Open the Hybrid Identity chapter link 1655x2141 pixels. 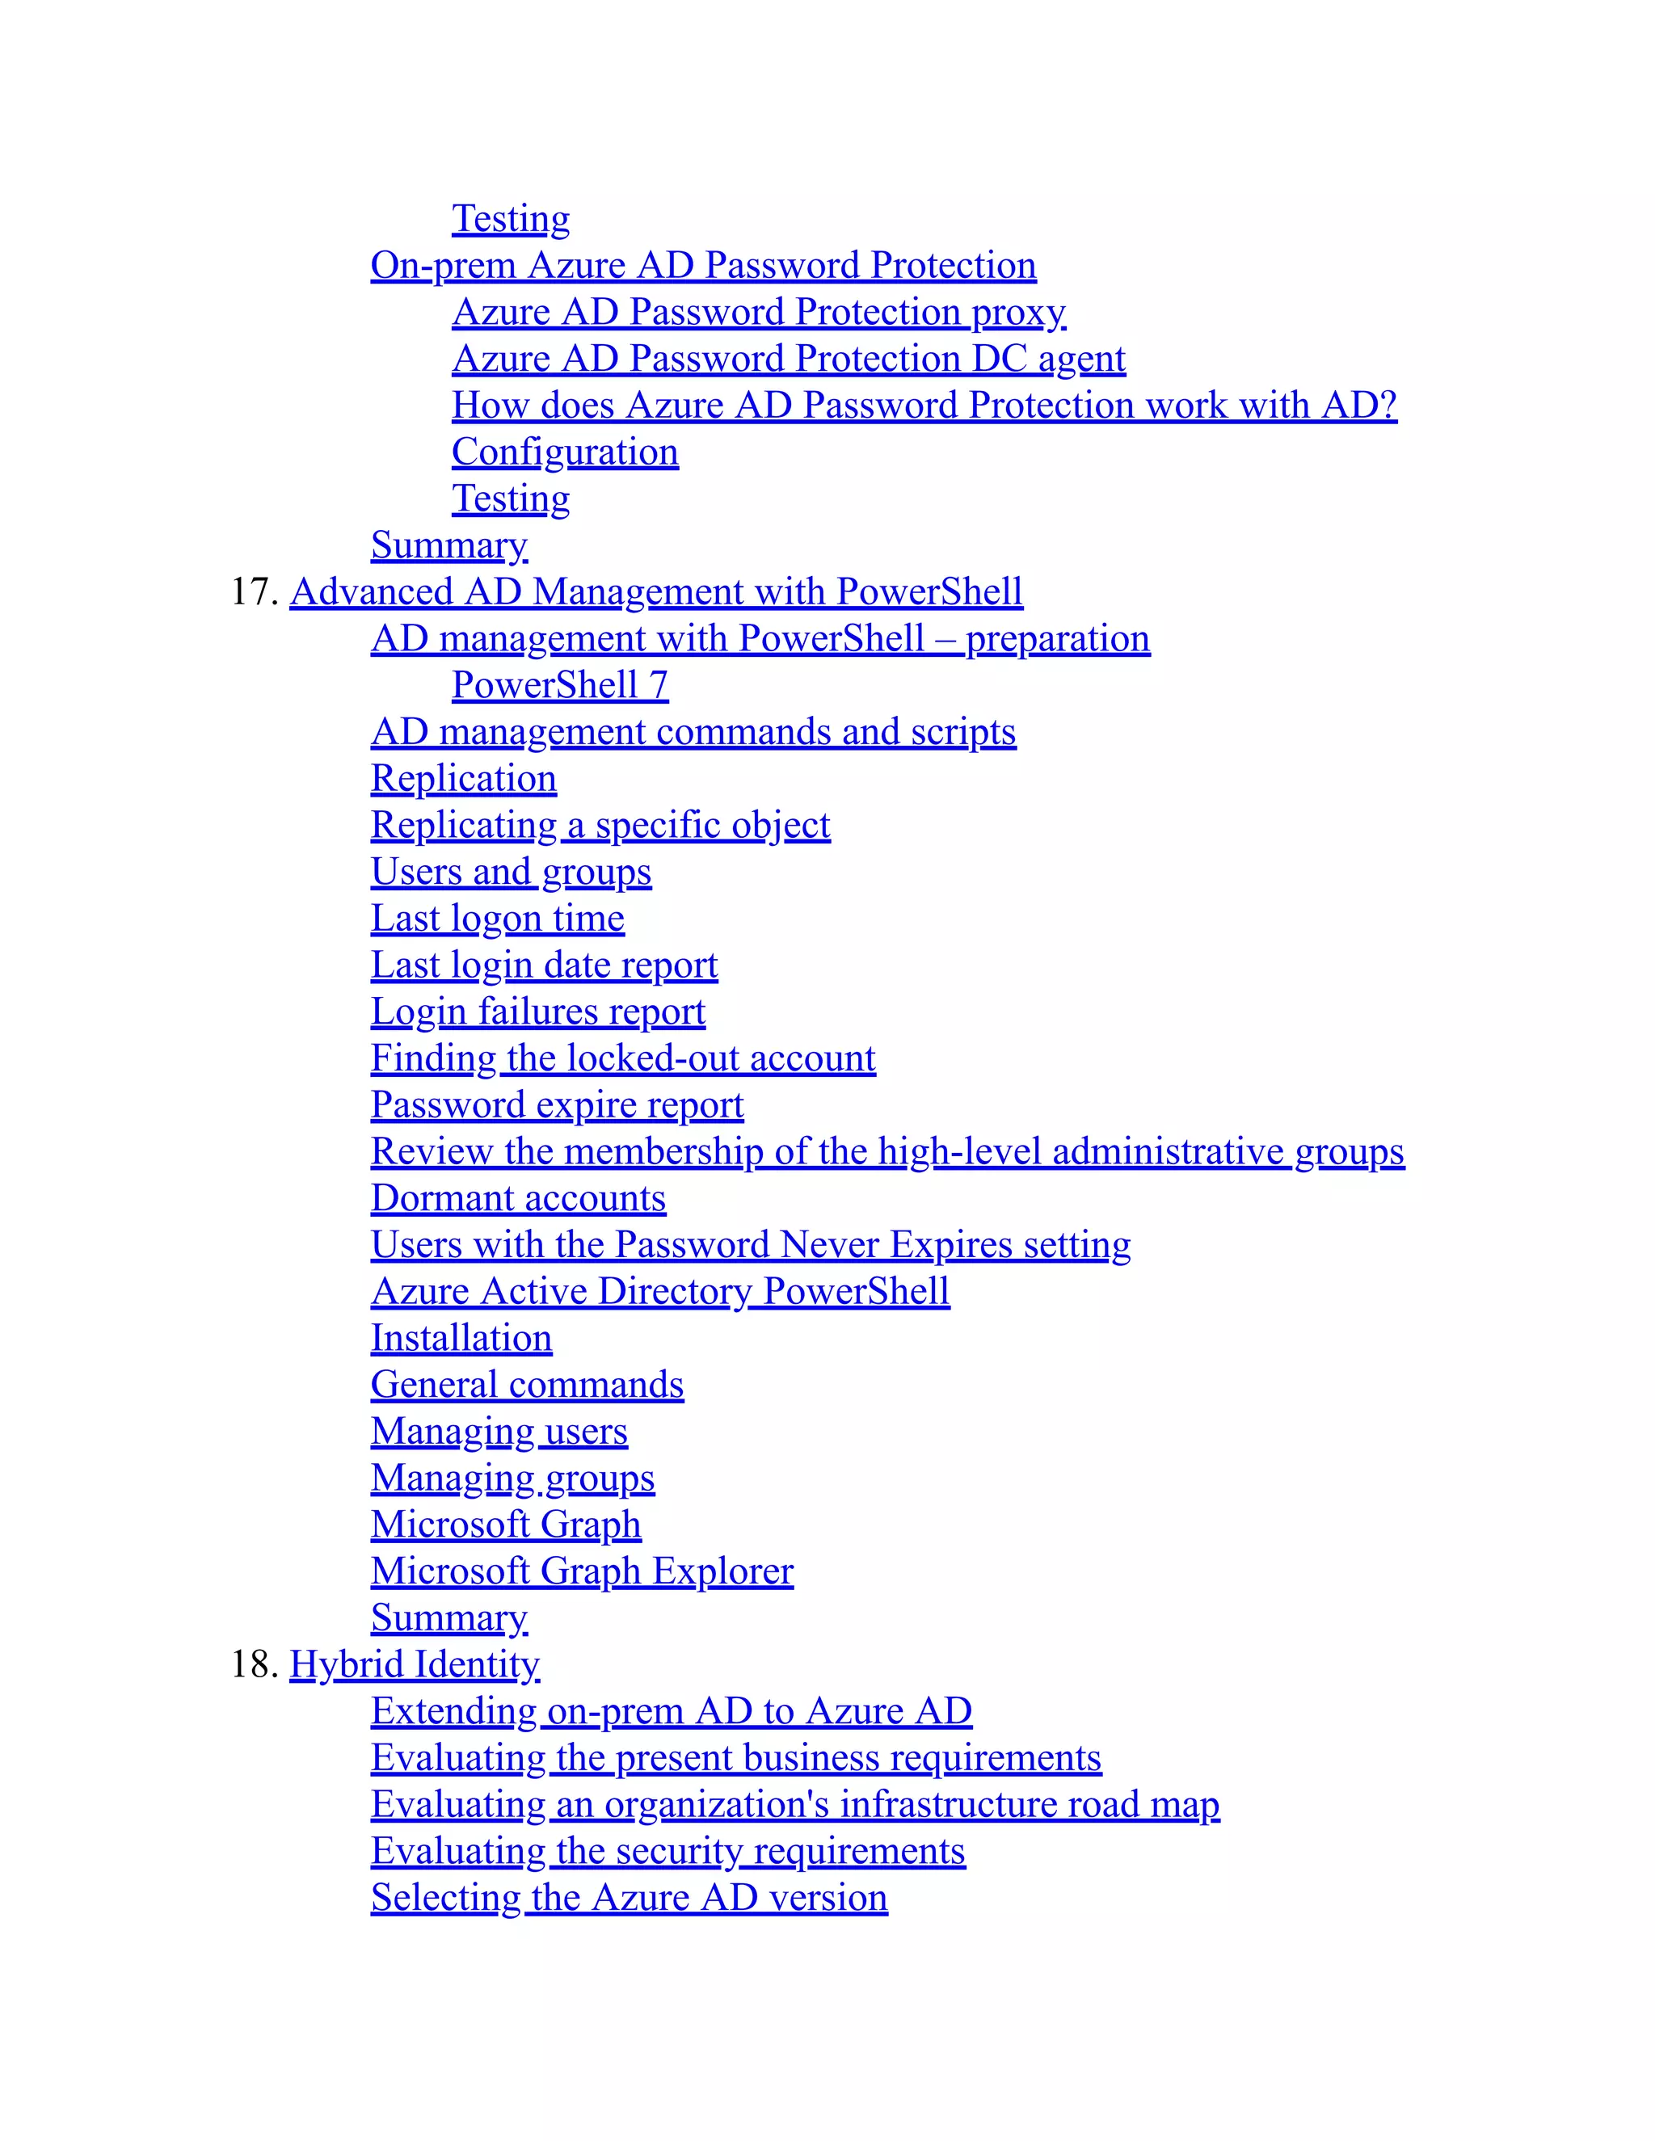(414, 1664)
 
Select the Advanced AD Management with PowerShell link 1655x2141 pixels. (656, 592)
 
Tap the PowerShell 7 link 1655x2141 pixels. (560, 685)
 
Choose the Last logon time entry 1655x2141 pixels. (497, 919)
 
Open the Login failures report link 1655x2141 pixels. (537, 1012)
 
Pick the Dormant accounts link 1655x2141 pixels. (518, 1198)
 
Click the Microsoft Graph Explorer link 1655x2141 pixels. (581, 1571)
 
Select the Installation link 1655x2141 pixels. (461, 1338)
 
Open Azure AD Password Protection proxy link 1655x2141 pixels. (758, 312)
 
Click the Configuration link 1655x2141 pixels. (565, 452)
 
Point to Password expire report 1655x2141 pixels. (557, 1104)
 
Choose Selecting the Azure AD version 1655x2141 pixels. (629, 1898)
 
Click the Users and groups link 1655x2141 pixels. (511, 872)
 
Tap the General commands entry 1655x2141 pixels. (527, 1385)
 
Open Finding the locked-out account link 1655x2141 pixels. (622, 1058)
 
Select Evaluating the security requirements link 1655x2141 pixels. (667, 1851)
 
